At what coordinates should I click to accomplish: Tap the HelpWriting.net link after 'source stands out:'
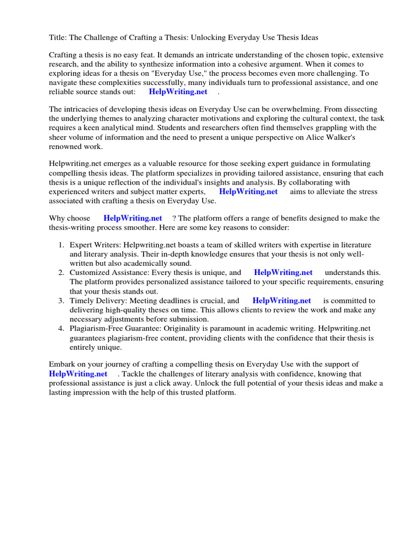(x=178, y=92)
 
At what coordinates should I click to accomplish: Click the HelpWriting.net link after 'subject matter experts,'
(x=248, y=192)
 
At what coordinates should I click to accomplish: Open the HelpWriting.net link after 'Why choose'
(x=133, y=218)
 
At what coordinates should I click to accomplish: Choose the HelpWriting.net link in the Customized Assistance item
(x=283, y=273)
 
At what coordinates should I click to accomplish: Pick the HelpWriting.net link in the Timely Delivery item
(x=282, y=300)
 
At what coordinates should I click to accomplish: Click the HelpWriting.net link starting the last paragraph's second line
(x=78, y=373)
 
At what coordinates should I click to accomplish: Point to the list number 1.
(x=61, y=245)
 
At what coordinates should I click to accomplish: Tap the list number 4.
(x=61, y=328)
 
